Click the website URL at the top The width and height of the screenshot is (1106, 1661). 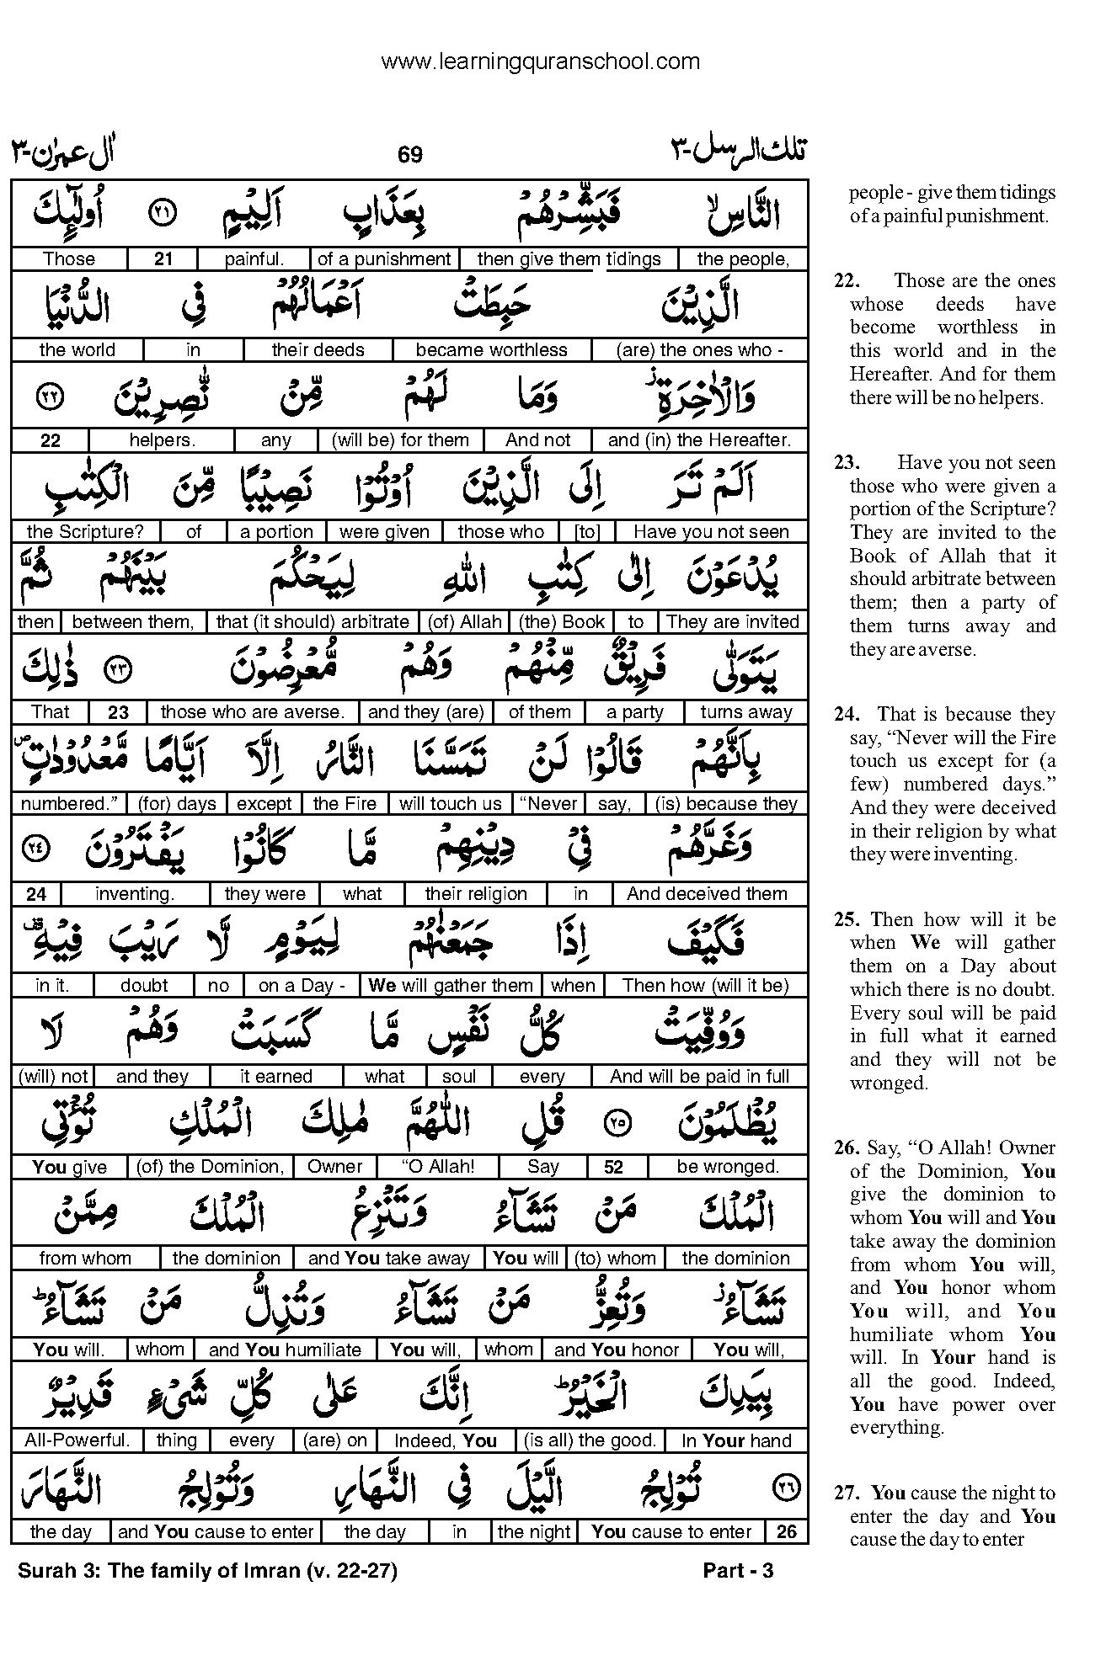tap(540, 61)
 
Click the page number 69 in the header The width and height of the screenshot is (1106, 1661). tap(409, 155)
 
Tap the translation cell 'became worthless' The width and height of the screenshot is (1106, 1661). tap(491, 350)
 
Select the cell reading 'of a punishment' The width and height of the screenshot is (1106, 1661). tap(384, 259)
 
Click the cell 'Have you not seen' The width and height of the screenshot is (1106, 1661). tap(711, 532)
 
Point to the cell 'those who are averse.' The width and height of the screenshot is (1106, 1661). tap(252, 712)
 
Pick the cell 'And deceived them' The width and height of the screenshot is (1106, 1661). tap(707, 894)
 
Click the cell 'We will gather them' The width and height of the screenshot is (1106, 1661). tap(451, 986)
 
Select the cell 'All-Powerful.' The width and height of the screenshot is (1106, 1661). tap(77, 1440)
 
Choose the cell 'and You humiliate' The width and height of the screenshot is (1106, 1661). tap(285, 1350)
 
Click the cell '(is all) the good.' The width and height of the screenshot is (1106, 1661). tap(589, 1440)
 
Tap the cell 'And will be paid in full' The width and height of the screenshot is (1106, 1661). tap(699, 1077)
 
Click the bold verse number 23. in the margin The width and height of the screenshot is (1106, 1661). tap(847, 463)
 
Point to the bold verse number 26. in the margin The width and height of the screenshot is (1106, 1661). tap(847, 1147)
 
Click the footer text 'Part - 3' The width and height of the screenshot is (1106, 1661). tap(738, 1570)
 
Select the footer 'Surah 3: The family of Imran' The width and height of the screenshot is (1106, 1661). tap(206, 1570)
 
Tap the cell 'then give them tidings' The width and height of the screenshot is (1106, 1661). tap(569, 259)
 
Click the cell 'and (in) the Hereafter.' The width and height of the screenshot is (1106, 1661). tap(699, 440)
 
